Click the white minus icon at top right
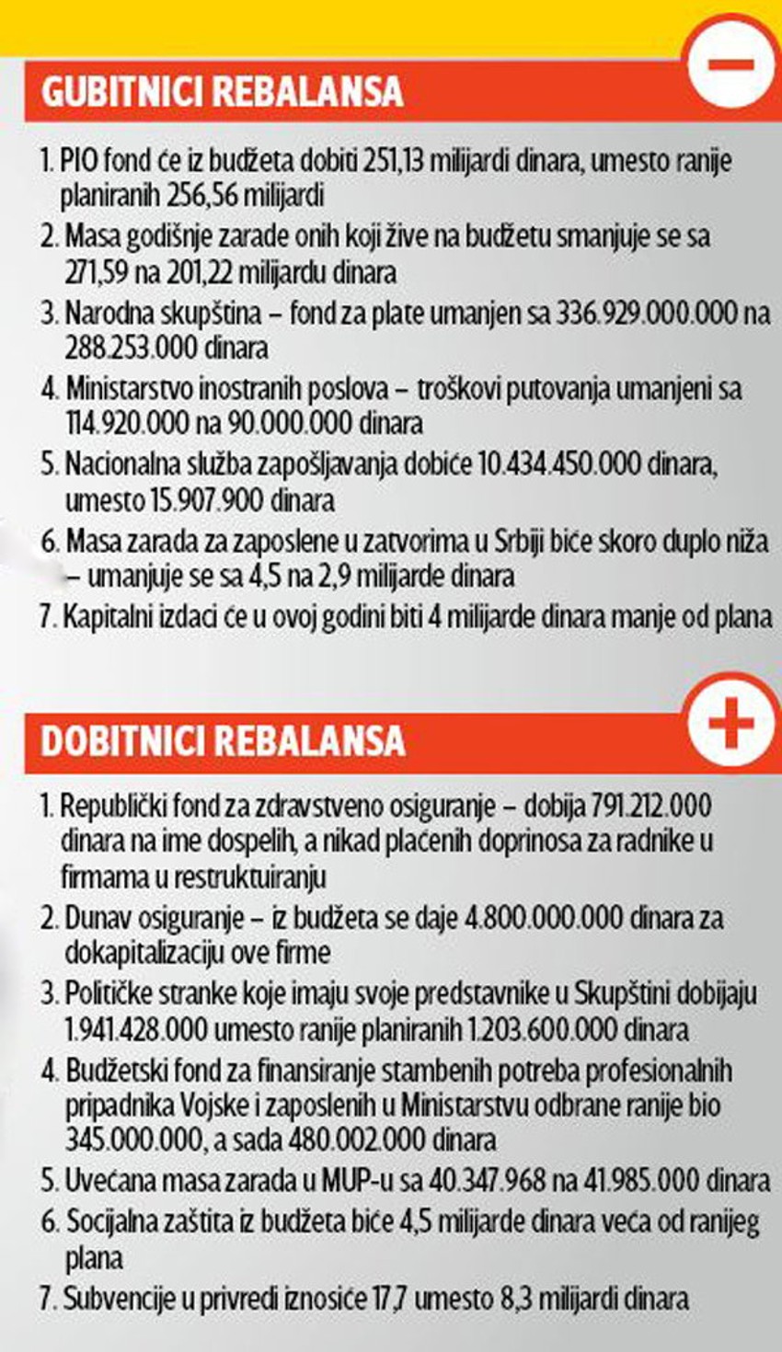731,66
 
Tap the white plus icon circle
731,723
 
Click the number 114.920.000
136,423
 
